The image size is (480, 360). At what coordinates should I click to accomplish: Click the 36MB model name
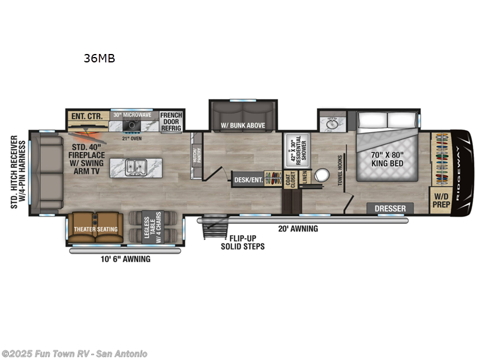pyautogui.click(x=99, y=58)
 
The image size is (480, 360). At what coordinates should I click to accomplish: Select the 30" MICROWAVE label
pyautogui.click(x=134, y=115)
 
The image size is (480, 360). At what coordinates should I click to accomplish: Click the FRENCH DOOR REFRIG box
pyautogui.click(x=171, y=121)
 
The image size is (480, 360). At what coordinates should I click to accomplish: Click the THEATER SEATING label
pyautogui.click(x=96, y=229)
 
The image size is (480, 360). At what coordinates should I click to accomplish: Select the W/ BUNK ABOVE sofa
pyautogui.click(x=242, y=125)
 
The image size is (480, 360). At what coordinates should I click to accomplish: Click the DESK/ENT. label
pyautogui.click(x=248, y=179)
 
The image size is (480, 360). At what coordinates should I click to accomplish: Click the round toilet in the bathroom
pyautogui.click(x=323, y=176)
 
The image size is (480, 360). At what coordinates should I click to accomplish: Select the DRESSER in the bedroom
pyautogui.click(x=391, y=209)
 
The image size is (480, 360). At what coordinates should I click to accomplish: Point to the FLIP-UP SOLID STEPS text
pyautogui.click(x=242, y=242)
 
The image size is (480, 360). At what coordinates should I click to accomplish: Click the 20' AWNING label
pyautogui.click(x=298, y=229)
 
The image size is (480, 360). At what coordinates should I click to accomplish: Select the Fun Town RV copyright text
pyautogui.click(x=74, y=353)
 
